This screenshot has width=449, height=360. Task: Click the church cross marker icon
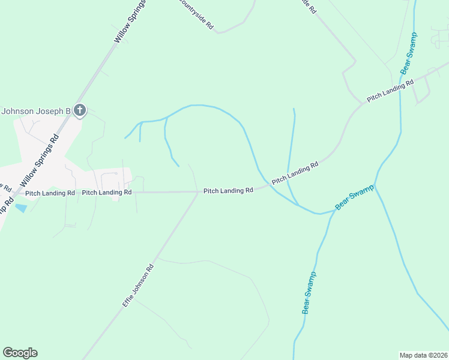[80, 110]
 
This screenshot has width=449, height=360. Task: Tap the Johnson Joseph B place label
[36, 111]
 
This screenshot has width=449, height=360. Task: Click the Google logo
[20, 353]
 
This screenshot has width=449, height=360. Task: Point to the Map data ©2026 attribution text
[423, 355]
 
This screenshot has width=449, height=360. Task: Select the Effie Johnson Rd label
[138, 286]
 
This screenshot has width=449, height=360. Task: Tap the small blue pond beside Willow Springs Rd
[21, 208]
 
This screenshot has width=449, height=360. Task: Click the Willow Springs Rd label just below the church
[40, 158]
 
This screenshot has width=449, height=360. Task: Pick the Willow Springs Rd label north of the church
[131, 21]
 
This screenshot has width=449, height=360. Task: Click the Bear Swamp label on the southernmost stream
[309, 293]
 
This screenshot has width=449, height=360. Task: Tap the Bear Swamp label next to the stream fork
[354, 197]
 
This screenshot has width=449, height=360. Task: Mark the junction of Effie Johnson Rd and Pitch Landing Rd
[198, 192]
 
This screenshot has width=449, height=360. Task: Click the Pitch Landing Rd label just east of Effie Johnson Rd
[228, 191]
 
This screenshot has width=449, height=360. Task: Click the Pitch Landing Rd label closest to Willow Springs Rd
[50, 193]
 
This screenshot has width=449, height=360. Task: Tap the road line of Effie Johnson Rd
[174, 230]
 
